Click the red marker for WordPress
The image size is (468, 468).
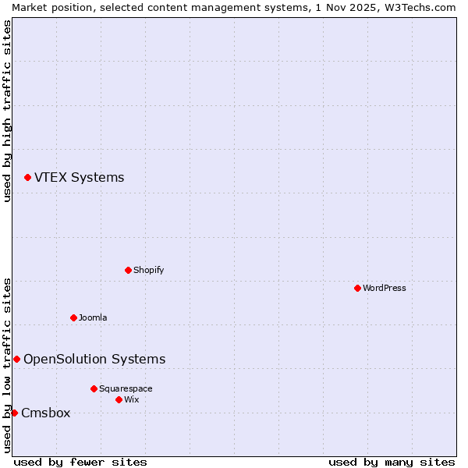357,288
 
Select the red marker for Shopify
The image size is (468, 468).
128,270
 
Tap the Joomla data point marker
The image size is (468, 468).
73,317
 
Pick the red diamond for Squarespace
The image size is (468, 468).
94,388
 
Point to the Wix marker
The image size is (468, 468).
119,399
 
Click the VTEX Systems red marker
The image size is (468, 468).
27,178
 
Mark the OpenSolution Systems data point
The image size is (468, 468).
16,359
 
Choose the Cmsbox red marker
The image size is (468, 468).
14,413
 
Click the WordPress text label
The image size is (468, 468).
385,288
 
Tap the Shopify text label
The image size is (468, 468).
148,270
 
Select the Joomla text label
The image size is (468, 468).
93,317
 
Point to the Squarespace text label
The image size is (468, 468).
126,388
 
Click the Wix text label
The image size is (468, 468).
131,399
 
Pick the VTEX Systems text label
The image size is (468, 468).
79,177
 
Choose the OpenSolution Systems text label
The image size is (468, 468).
94,359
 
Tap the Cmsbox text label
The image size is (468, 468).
45,413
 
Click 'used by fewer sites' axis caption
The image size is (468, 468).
80,462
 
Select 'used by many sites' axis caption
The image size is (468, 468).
392,462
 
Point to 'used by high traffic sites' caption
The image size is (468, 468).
7,112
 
